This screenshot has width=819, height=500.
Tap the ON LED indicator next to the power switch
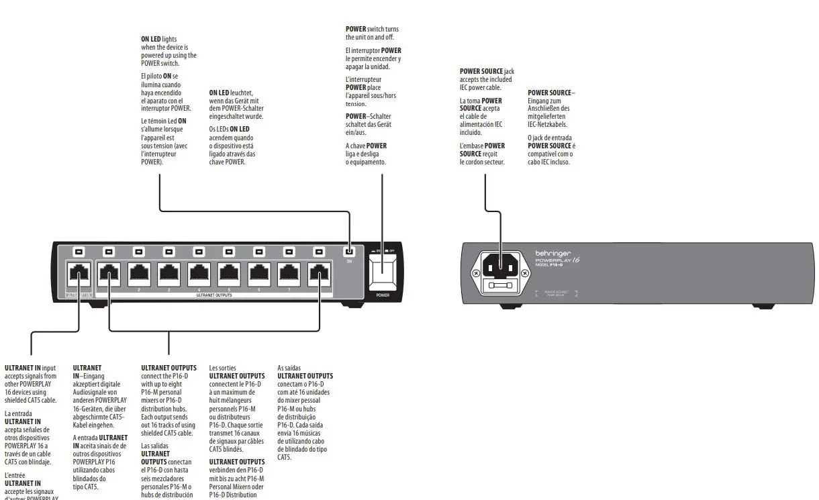[x=348, y=252]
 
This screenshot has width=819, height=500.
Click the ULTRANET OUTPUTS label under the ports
[x=214, y=295]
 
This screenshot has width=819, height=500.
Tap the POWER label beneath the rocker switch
[x=382, y=295]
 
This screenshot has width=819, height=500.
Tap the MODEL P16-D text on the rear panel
[x=549, y=266]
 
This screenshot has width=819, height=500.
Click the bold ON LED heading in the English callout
[x=151, y=40]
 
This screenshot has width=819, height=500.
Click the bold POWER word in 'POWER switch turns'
[x=356, y=29]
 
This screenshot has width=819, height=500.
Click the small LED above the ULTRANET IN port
[x=79, y=252]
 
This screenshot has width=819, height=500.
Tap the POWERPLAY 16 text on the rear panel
[x=557, y=260]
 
